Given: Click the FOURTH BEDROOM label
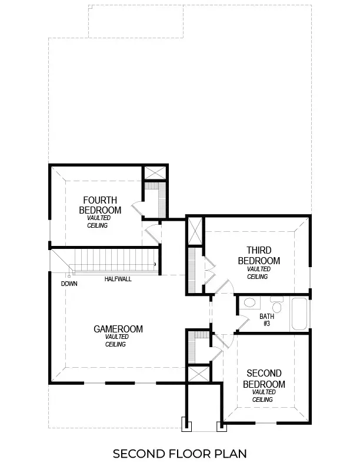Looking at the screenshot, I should tap(100, 205).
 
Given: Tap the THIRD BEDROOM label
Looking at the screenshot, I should tap(259, 256).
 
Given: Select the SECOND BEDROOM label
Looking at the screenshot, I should tap(264, 379).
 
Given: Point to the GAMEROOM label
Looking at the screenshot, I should tap(118, 329).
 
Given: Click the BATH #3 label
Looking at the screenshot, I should tap(267, 319).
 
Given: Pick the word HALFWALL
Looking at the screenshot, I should tap(118, 279).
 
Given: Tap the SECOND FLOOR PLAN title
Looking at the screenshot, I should tap(179, 454).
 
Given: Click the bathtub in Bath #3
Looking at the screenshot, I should tap(299, 314).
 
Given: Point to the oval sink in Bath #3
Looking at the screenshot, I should tap(249, 304).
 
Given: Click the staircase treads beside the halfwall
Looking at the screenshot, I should tap(112, 259).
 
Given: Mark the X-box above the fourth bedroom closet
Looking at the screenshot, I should tap(155, 173).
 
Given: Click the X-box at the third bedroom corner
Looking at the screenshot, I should tap(194, 230).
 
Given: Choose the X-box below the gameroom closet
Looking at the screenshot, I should tap(199, 375).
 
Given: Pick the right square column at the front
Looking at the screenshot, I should tap(222, 425).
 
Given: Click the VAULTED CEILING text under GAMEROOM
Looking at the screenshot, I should tap(116, 341).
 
